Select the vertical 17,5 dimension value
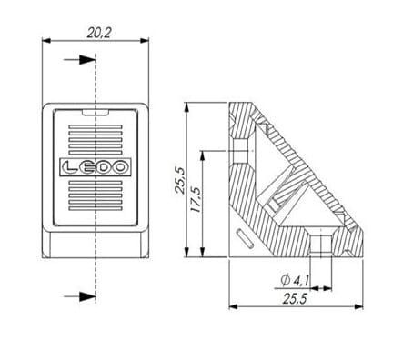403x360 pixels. pyautogui.click(x=195, y=199)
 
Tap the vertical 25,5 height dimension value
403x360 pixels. pyautogui.click(x=180, y=180)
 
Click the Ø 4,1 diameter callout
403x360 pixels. pyautogui.click(x=295, y=281)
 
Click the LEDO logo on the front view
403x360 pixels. pyautogui.click(x=96, y=167)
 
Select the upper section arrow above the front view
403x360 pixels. pyautogui.click(x=80, y=60)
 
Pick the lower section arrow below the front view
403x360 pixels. pyautogui.click(x=80, y=296)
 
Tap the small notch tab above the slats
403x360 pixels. pyautogui.click(x=96, y=113)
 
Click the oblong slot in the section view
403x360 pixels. pyautogui.click(x=246, y=239)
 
